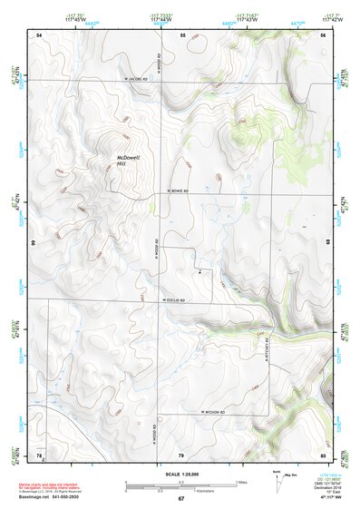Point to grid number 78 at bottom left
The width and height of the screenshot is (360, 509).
pos(39,454)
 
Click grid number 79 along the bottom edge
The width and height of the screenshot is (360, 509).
pos(181,454)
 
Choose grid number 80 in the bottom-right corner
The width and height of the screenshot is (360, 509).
pos(323,454)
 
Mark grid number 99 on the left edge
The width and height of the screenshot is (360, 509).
pos(34,244)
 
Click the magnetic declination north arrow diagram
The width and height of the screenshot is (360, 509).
pos(280,477)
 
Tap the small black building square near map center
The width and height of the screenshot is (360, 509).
pos(199,270)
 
